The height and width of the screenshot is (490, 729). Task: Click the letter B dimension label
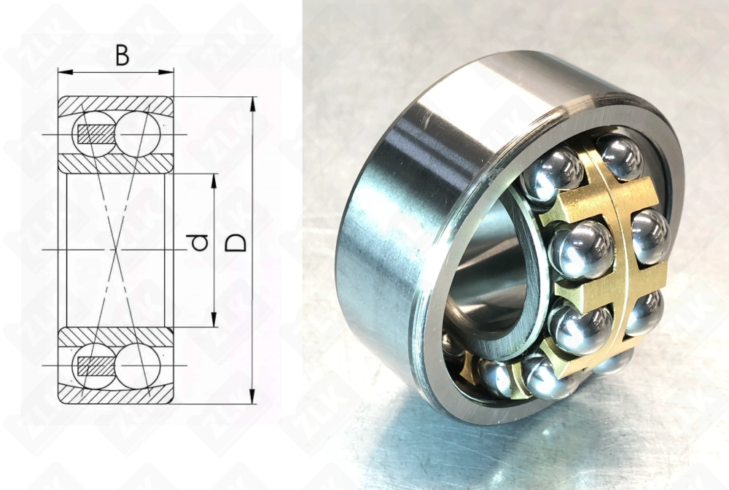coord(122,55)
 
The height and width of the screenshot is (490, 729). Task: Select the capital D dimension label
coord(235,243)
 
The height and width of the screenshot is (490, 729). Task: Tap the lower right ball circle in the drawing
coord(138,366)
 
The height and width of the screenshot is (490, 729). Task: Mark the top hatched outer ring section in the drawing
coord(117,103)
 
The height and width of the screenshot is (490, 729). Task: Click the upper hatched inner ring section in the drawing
coord(117,164)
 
